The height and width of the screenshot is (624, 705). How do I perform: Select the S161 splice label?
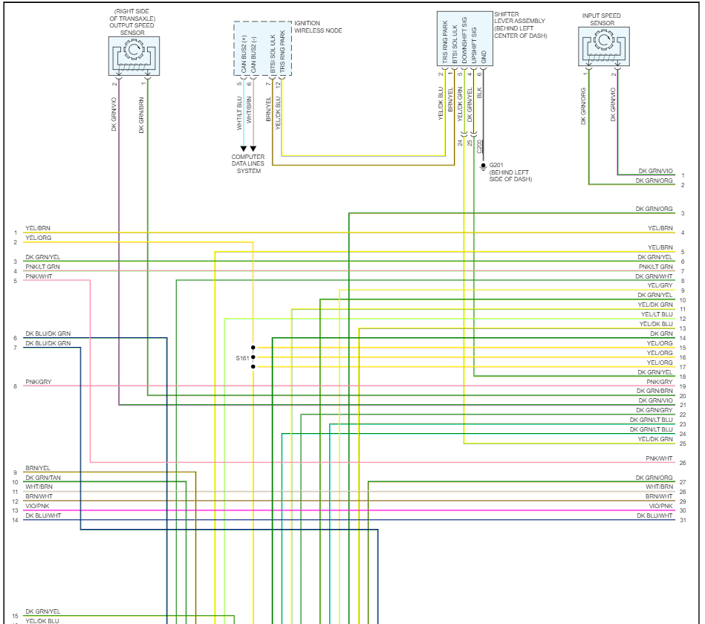click(243, 358)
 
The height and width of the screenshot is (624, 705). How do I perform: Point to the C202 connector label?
click(480, 146)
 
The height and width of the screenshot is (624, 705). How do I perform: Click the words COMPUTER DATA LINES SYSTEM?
click(248, 163)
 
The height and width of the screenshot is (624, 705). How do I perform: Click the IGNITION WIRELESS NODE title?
click(318, 27)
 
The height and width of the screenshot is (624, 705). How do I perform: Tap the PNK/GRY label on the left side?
click(39, 383)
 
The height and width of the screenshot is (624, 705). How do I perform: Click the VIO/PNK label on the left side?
click(37, 506)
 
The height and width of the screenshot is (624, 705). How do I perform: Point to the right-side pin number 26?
click(682, 463)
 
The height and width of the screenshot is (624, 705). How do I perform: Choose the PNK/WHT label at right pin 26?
click(659, 459)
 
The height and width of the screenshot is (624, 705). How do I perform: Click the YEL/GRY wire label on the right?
click(660, 285)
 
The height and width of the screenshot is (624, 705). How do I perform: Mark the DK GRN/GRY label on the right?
click(654, 410)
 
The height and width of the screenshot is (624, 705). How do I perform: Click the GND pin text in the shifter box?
click(484, 56)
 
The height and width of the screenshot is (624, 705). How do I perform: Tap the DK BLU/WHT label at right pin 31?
click(654, 516)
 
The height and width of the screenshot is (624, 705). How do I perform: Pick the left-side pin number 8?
click(15, 386)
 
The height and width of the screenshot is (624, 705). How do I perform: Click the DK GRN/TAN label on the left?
click(43, 478)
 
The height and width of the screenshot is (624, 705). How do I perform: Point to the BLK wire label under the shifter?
click(480, 94)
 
